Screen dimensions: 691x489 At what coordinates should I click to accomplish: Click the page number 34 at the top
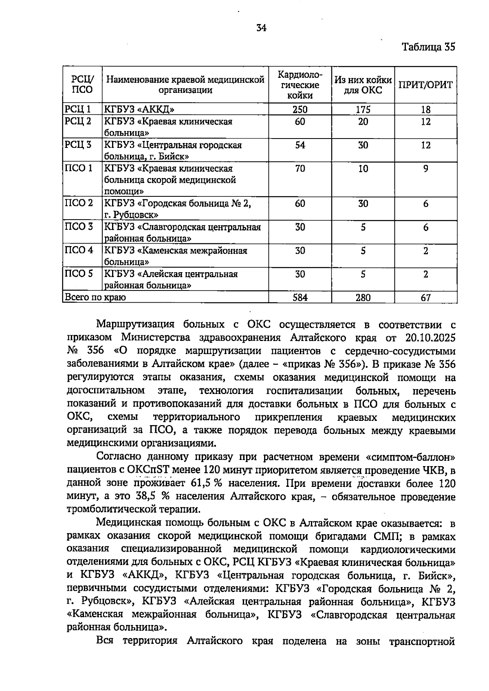click(x=261, y=28)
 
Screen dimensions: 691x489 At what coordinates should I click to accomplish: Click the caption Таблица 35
click(x=428, y=47)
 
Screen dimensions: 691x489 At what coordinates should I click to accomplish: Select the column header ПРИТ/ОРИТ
click(x=425, y=85)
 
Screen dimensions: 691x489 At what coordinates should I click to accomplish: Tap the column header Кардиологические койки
click(x=300, y=85)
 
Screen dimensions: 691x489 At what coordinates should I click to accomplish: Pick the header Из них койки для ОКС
click(x=363, y=85)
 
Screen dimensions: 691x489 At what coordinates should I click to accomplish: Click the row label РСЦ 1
click(x=77, y=109)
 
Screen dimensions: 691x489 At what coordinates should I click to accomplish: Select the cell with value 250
click(x=300, y=110)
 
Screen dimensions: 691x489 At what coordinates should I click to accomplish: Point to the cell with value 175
click(x=363, y=110)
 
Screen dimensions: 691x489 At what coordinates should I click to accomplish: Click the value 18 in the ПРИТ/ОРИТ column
click(x=425, y=110)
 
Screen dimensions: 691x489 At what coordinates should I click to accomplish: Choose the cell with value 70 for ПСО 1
click(x=300, y=169)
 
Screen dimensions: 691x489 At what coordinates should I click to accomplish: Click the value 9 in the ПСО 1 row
click(x=425, y=169)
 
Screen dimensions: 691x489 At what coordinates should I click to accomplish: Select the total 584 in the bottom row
click(x=300, y=298)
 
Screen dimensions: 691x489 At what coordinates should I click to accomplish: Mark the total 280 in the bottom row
click(x=363, y=298)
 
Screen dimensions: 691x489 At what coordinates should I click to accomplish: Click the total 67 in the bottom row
click(x=425, y=298)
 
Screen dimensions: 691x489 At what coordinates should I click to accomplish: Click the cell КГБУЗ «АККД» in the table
click(x=140, y=109)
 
